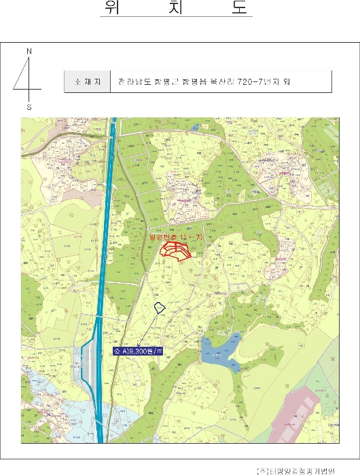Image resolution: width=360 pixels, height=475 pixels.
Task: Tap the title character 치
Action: click(176, 7)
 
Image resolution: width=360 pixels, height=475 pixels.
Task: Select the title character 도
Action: click(240, 7)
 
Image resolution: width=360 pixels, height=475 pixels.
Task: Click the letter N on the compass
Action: click(29, 52)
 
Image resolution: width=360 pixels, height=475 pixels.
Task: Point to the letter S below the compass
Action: click(29, 107)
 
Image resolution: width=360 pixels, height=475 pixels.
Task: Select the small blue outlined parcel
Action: click(160, 308)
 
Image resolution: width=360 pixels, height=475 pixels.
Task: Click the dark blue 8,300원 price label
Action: click(139, 351)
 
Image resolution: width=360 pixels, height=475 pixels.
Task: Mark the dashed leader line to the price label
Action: click(147, 332)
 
